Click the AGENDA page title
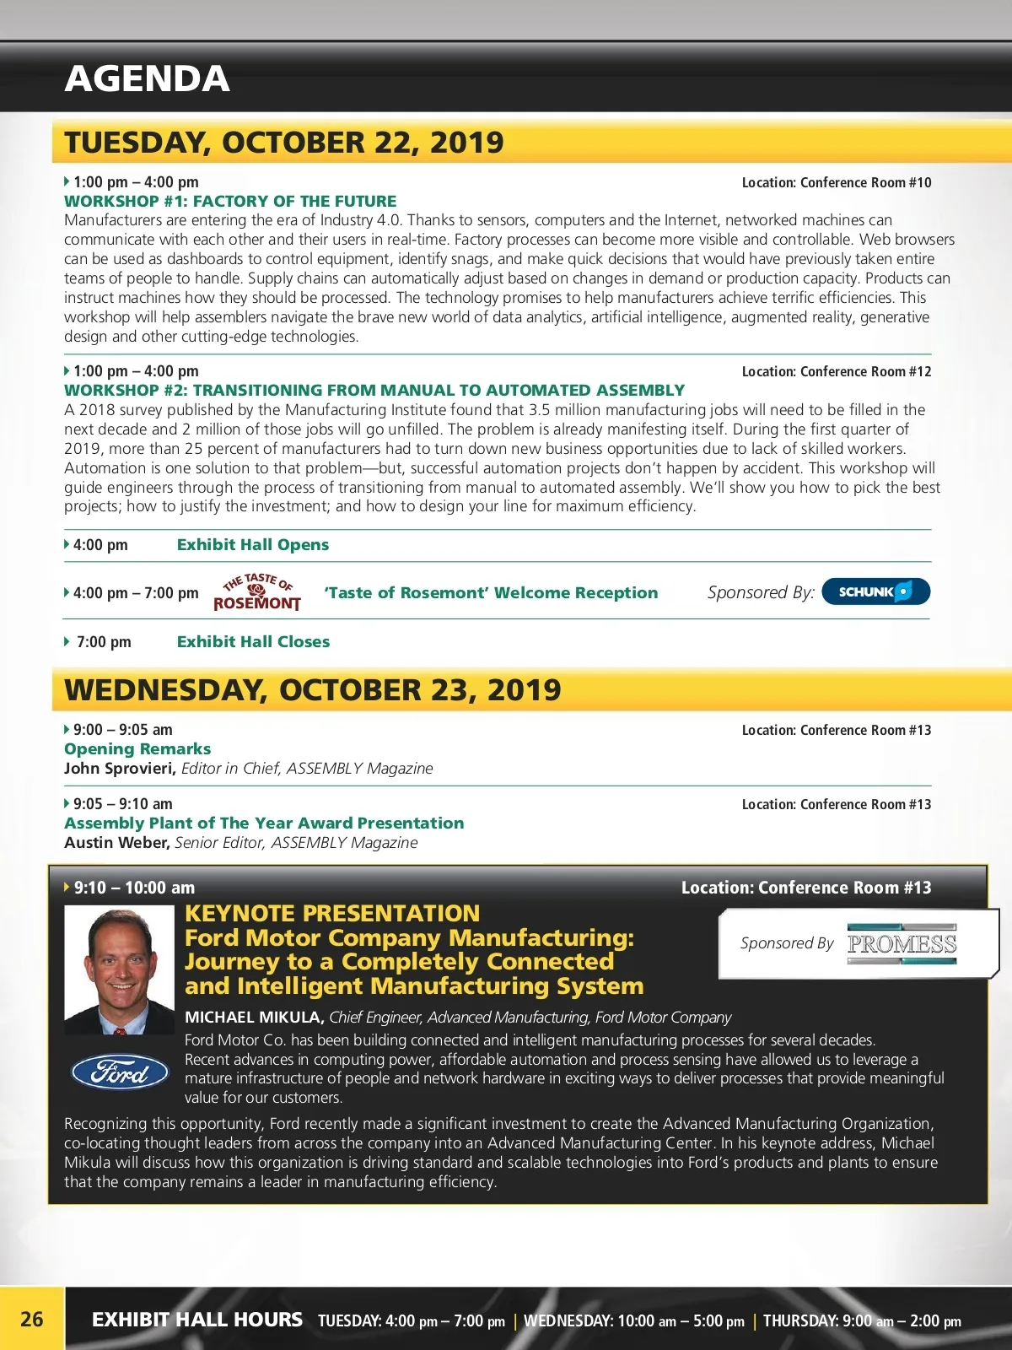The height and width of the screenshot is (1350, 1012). (147, 79)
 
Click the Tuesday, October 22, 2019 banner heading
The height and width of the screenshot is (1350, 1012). (284, 143)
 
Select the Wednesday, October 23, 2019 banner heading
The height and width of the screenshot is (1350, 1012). (313, 690)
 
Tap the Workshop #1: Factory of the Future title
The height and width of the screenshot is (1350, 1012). (230, 202)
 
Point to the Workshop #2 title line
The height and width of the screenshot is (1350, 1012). (374, 391)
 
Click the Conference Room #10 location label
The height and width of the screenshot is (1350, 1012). (837, 183)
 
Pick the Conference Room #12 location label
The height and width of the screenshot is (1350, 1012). (837, 372)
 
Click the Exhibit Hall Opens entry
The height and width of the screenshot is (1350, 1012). (253, 545)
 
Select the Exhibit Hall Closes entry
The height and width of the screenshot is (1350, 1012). (253, 642)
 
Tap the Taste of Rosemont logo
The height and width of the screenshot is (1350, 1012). (257, 592)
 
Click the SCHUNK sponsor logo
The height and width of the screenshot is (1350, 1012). (875, 592)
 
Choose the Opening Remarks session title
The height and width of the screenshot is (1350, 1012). (137, 749)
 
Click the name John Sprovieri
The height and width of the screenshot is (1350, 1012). (119, 769)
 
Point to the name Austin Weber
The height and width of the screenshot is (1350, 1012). (116, 843)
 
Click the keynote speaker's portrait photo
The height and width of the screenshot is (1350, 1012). (120, 970)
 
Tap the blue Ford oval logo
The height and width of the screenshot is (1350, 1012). (120, 1072)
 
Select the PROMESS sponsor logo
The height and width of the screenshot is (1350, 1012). (902, 944)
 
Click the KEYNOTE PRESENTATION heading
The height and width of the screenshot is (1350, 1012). (332, 914)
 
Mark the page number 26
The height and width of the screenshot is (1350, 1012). (32, 1320)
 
